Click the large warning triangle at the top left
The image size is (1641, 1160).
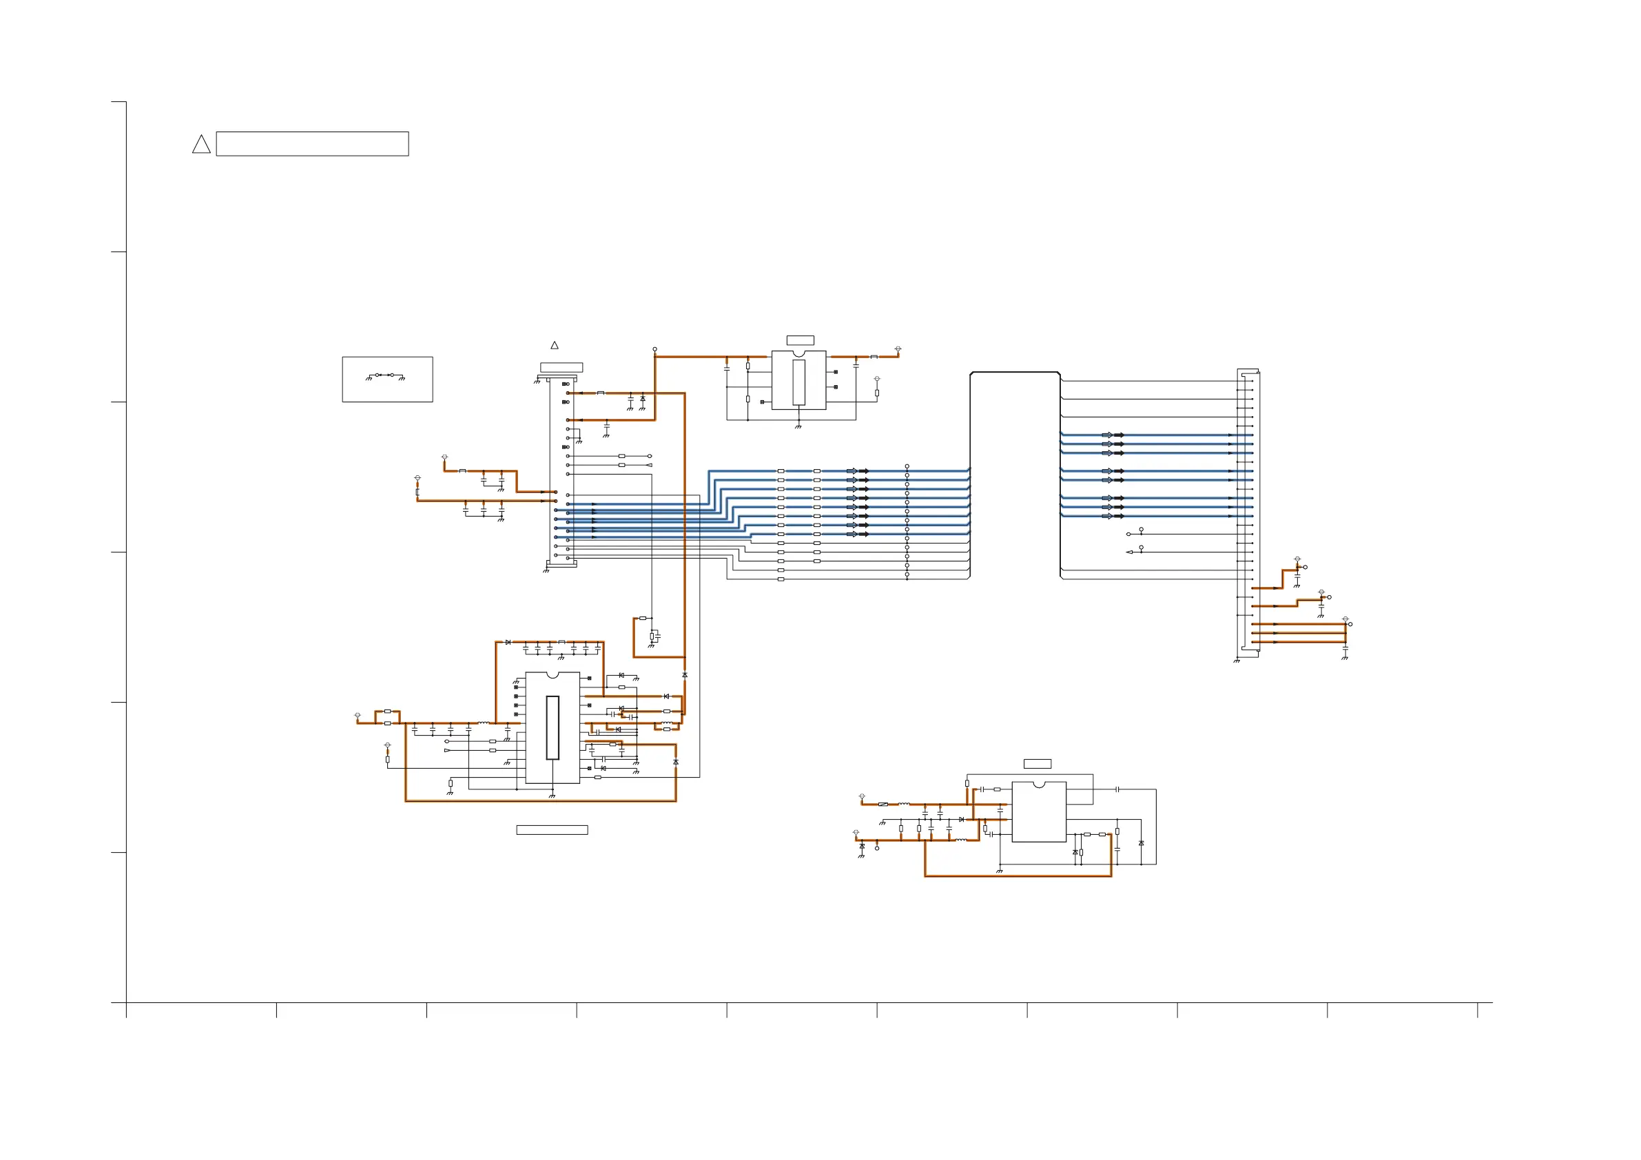click(x=201, y=145)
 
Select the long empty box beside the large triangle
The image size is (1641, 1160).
click(x=312, y=144)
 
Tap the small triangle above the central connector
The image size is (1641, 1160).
click(x=554, y=345)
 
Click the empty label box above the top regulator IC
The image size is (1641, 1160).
click(x=800, y=340)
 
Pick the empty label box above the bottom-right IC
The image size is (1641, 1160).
click(x=1037, y=764)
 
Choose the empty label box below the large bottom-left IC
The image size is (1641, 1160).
click(x=552, y=830)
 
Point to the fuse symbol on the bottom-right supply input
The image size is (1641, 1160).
click(x=883, y=804)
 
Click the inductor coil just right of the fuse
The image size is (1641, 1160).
click(x=904, y=804)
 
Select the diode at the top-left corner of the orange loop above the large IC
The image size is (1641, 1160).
click(x=508, y=642)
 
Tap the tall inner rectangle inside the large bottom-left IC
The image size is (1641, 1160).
click(x=553, y=727)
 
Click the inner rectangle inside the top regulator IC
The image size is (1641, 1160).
click(x=799, y=382)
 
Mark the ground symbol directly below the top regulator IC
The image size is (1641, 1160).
click(x=798, y=426)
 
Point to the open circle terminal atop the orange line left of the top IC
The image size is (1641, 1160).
click(x=654, y=349)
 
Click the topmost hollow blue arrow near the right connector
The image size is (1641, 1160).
click(x=1106, y=435)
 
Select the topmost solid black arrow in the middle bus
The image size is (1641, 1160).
click(x=863, y=471)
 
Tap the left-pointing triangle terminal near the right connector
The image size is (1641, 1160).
click(x=1129, y=552)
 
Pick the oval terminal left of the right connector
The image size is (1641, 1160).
click(x=1128, y=534)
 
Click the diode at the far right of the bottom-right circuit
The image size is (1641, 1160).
click(x=1141, y=843)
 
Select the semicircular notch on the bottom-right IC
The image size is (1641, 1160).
click(x=1039, y=785)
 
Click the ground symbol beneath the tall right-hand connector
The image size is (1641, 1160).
click(x=1237, y=661)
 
